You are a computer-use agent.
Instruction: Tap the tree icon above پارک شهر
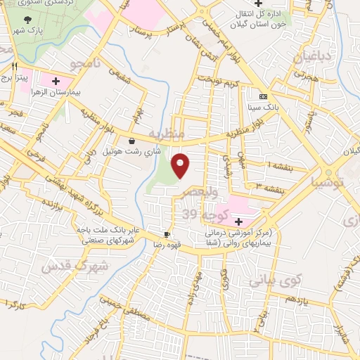tap(27, 20)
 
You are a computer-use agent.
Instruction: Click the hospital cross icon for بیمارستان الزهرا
tap(56, 81)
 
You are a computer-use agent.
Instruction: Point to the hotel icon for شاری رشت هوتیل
tap(131, 141)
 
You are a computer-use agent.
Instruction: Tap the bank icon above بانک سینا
tap(263, 96)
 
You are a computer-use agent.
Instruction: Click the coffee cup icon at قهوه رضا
tap(167, 234)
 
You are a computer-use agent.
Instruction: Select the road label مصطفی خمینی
tap(126, 307)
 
